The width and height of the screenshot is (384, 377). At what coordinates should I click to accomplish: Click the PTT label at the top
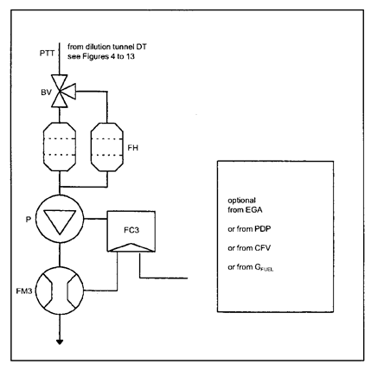pyautogui.click(x=47, y=54)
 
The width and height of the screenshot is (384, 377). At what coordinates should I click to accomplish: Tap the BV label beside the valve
pyautogui.click(x=46, y=93)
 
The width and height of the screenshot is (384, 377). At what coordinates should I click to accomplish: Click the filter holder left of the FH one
pyautogui.click(x=60, y=147)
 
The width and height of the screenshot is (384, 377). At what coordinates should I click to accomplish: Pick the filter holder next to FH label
pyautogui.click(x=107, y=147)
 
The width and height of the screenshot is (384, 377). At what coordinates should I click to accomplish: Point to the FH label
pyautogui.click(x=133, y=148)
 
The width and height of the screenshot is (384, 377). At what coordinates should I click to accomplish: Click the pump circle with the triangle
pyautogui.click(x=60, y=219)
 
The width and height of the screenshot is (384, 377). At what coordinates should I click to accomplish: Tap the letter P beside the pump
pyautogui.click(x=29, y=220)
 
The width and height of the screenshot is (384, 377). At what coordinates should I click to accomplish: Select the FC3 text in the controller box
pyautogui.click(x=131, y=230)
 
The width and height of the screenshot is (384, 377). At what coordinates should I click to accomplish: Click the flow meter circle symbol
pyautogui.click(x=60, y=291)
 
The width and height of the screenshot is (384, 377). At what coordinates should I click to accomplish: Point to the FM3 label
pyautogui.click(x=24, y=291)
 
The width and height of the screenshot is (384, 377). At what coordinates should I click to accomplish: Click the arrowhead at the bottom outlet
pyautogui.click(x=60, y=342)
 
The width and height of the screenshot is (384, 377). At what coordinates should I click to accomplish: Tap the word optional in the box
pyautogui.click(x=241, y=201)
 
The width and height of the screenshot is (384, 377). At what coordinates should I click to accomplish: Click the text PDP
pyautogui.click(x=263, y=229)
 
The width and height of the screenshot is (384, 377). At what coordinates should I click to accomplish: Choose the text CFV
pyautogui.click(x=263, y=248)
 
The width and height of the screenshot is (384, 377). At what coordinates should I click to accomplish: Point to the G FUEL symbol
pyautogui.click(x=264, y=267)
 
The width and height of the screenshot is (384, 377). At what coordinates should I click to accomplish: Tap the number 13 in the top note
pyautogui.click(x=130, y=56)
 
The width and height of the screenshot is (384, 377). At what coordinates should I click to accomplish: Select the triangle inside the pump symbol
pyautogui.click(x=60, y=221)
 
